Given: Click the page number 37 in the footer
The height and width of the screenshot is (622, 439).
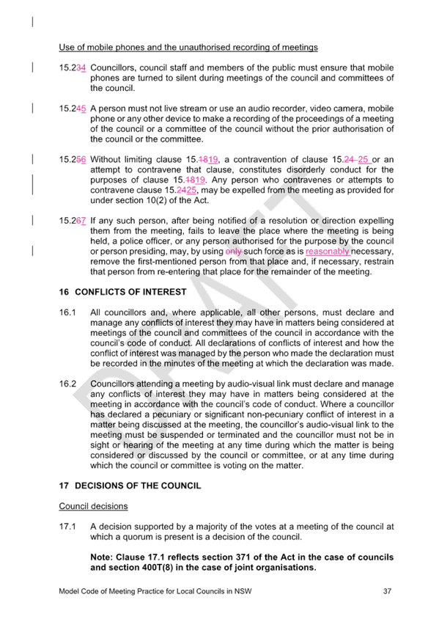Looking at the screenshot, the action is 387,591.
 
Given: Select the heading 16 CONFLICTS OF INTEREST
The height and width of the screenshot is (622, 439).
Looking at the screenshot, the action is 123,292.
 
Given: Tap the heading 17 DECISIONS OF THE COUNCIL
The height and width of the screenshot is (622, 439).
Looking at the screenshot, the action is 130,486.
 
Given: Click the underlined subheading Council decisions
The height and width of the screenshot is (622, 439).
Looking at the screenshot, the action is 94,506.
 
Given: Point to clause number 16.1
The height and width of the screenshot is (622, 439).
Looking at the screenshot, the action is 67,312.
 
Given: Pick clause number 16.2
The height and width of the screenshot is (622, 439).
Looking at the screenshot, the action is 67,384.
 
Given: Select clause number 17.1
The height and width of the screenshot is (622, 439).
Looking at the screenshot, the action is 67,527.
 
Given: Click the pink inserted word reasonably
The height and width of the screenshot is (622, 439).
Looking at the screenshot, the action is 328,252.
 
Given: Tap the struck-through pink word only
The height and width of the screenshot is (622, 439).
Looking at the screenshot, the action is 234,252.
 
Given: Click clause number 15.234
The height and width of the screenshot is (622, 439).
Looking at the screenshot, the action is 73,67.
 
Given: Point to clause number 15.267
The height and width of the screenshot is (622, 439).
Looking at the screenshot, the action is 73,221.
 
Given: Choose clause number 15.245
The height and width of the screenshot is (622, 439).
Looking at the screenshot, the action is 73,109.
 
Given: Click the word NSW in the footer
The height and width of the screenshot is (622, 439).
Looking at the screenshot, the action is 243,591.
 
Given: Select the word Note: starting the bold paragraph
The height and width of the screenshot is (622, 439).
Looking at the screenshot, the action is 101,557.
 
